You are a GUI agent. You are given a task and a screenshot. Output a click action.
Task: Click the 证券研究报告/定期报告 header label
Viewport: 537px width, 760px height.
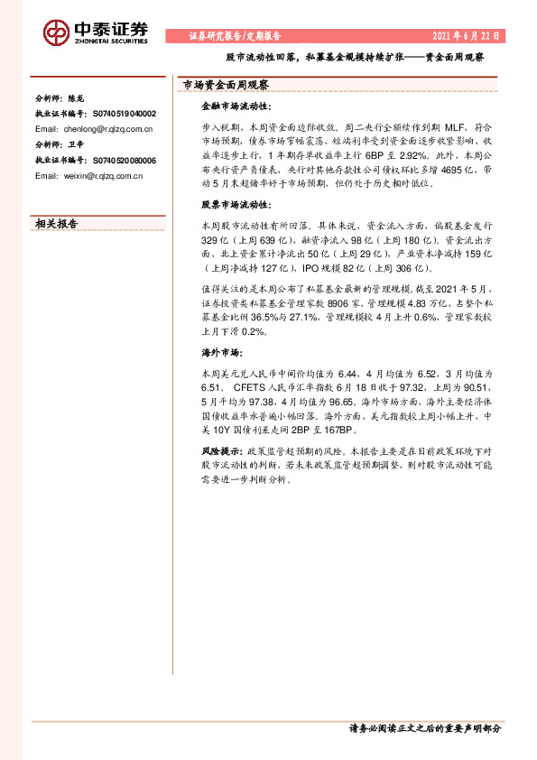tap(235, 36)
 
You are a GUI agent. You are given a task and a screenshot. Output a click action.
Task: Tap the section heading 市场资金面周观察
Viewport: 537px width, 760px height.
tap(227, 85)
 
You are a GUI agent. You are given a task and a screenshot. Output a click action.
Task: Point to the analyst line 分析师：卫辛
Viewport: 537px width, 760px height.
tap(56, 144)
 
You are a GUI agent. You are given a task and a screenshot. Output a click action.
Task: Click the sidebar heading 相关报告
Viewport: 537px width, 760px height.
tap(56, 223)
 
